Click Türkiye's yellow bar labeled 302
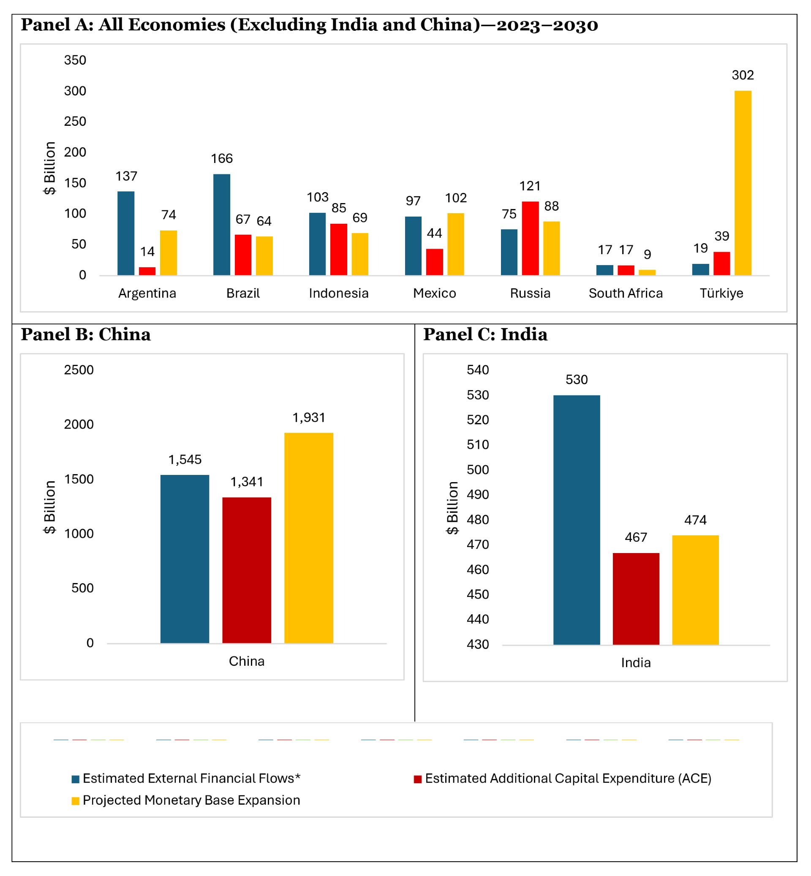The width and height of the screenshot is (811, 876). pos(743,183)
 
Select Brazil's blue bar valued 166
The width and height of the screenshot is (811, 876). pos(222,225)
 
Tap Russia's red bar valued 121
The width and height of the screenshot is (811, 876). pos(530,238)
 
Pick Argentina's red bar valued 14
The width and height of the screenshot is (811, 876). pos(147,271)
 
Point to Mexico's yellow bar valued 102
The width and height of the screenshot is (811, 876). pos(455,244)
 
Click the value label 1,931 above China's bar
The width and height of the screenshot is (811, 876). pos(308,418)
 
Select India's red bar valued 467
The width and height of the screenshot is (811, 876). pos(636,599)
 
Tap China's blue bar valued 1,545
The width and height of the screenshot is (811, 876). pos(185,559)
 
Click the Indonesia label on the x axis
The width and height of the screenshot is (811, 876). pos(338,293)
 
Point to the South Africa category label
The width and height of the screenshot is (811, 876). pos(626,293)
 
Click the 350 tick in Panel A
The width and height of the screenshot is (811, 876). pos(75,60)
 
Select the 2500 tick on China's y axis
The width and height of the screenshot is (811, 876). pos(79,370)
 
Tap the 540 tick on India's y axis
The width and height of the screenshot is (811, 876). pos(477,370)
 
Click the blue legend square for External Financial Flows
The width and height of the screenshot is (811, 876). pos(76,779)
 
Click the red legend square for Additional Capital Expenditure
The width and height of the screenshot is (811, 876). pos(418,779)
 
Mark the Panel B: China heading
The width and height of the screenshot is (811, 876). pos(86,335)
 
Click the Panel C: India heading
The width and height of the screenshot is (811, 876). pos(485,335)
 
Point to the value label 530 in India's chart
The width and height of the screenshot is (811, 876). pos(576,380)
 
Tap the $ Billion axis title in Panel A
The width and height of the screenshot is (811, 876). pos(49,168)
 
